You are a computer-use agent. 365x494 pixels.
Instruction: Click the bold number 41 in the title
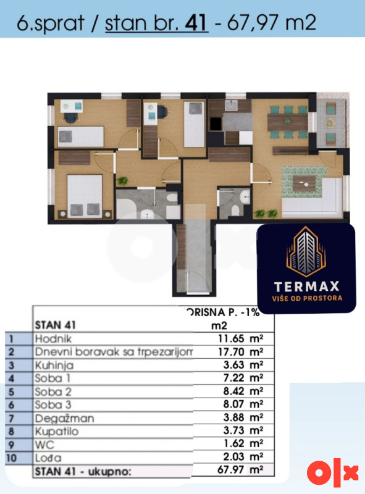coord(196,23)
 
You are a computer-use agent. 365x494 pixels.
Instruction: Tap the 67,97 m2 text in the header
coord(271,22)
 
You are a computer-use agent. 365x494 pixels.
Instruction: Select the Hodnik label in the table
coord(53,338)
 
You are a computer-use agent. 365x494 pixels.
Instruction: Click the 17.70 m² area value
coord(241,351)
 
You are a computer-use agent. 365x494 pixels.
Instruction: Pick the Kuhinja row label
coord(54,366)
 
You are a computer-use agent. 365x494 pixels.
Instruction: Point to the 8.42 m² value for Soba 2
coord(243,391)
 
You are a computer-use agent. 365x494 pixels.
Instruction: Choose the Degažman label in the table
coord(65,418)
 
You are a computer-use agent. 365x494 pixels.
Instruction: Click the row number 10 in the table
coord(11,458)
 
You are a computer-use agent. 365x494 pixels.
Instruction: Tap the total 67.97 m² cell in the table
coord(240,470)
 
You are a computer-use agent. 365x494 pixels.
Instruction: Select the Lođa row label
coord(48,458)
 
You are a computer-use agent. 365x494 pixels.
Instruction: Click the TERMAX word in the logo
coord(307,287)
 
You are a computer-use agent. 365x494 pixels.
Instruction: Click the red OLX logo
coord(332,473)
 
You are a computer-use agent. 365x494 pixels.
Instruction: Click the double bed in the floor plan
coord(84,196)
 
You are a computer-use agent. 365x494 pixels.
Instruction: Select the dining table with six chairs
coord(287,122)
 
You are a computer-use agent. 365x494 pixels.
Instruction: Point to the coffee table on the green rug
coord(304,183)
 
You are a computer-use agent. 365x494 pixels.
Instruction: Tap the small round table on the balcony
coord(330,122)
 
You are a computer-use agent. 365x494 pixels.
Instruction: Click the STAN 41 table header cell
coord(56,325)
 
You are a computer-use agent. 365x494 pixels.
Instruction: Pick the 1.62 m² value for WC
coord(243,443)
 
